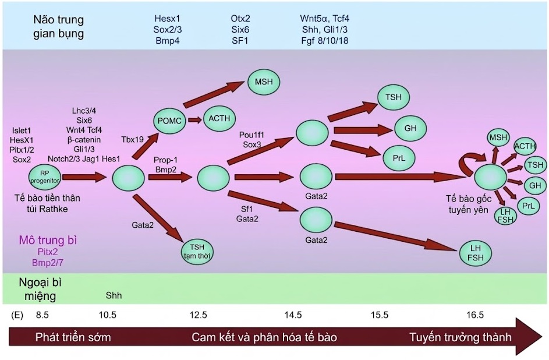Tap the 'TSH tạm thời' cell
click(196, 250)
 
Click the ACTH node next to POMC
click(219, 119)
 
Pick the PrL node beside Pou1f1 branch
click(399, 158)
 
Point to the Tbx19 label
click(132, 140)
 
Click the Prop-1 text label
click(165, 159)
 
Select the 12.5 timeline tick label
click(198, 315)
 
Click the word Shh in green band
click(114, 295)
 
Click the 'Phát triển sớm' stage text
click(73, 337)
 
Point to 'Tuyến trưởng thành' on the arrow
click(460, 337)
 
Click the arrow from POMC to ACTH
click(193, 120)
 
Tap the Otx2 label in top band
click(240, 18)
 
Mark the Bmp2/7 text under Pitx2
click(48, 262)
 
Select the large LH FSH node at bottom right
click(477, 253)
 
